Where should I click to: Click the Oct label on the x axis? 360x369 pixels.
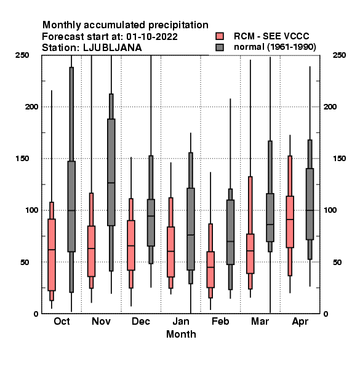click(62, 321)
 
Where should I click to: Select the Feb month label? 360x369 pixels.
click(220, 321)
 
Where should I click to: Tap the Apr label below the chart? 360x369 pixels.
click(300, 322)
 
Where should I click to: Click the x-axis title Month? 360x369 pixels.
click(181, 334)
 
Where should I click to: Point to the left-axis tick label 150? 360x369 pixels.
click(22, 159)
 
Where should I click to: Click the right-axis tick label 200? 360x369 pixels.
click(330, 107)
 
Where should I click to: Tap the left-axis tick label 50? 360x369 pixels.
click(25, 262)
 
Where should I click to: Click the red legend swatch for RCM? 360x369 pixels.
click(220, 36)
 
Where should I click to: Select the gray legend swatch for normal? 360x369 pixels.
click(220, 47)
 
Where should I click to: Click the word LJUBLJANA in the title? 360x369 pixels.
click(113, 48)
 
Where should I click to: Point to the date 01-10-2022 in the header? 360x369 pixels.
click(152, 37)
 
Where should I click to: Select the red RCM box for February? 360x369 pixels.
click(210, 269)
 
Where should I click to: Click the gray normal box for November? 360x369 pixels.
click(111, 172)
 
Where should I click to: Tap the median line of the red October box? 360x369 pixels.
click(52, 250)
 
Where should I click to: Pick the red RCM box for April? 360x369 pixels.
click(290, 221)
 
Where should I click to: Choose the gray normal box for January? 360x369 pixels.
click(191, 229)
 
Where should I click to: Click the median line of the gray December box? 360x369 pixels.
click(151, 216)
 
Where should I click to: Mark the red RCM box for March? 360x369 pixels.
click(250, 253)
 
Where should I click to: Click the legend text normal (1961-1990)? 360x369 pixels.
click(274, 47)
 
